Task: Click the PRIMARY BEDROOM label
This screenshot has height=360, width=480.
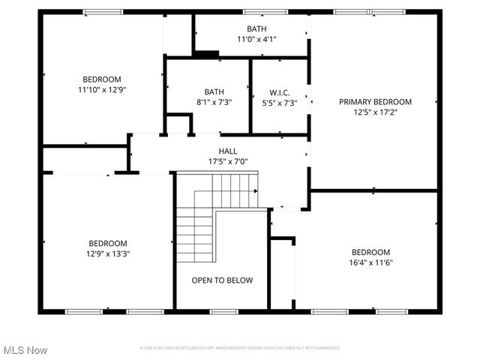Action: [x=375, y=101]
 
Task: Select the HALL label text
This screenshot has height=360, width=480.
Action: [x=228, y=151]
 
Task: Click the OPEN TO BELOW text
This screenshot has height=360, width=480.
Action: [x=222, y=280]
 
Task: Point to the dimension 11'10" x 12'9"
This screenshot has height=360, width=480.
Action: [x=101, y=90]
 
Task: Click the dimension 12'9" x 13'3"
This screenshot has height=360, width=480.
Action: [x=108, y=253]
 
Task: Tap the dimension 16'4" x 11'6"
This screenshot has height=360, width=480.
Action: [x=370, y=262]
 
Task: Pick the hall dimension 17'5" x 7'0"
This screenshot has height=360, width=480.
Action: [x=228, y=161]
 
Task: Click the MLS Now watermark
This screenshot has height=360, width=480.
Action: [x=25, y=350]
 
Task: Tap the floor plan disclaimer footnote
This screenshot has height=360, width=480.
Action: [x=240, y=348]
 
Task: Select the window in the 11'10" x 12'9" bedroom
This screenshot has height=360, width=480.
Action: [x=103, y=11]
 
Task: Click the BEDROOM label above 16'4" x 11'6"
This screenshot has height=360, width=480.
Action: [x=370, y=252]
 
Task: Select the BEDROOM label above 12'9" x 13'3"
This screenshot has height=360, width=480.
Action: [x=108, y=243]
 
